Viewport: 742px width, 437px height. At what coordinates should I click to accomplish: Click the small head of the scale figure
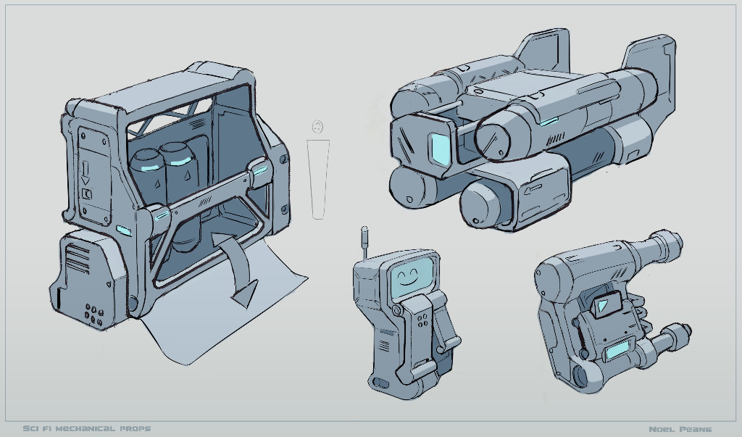(x=318, y=127)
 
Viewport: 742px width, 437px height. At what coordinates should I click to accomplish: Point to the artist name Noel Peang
(x=680, y=430)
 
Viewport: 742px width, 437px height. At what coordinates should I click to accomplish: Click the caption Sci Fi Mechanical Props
(x=87, y=429)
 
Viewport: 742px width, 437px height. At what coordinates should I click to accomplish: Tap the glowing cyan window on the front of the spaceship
(x=440, y=149)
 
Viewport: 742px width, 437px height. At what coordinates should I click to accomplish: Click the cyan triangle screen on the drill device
(x=602, y=305)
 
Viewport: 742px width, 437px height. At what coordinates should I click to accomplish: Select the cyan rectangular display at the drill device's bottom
(x=617, y=351)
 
